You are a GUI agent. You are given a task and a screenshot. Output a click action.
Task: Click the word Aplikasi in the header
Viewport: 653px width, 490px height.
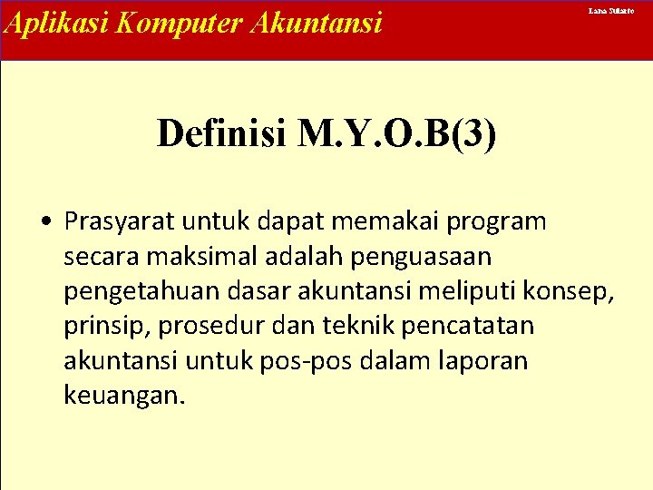(x=44, y=22)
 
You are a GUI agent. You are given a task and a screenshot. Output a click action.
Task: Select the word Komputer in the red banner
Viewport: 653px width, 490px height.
(x=155, y=22)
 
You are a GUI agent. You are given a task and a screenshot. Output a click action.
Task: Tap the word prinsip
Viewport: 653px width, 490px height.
(x=98, y=326)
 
